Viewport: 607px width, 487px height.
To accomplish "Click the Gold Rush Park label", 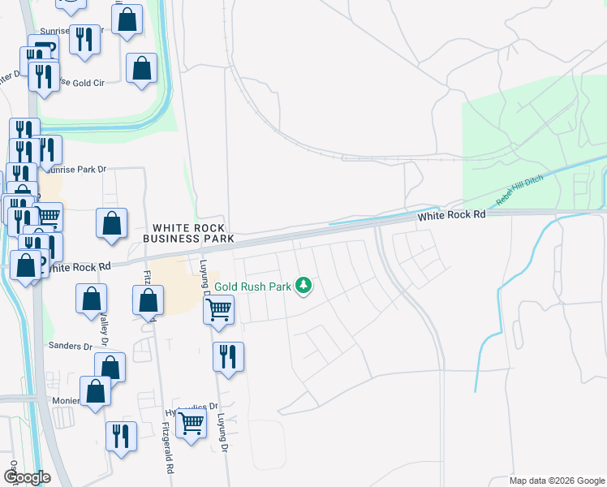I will coord(253,287).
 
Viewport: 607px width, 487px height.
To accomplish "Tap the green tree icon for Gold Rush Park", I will coord(303,285).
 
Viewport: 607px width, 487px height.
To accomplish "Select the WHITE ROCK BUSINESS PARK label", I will coord(188,233).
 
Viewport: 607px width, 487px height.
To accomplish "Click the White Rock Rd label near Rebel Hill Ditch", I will coord(451,215).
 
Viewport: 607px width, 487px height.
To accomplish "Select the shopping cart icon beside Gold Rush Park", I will coord(219,308).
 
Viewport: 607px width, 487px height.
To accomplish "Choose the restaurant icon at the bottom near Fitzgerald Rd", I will coord(121,435).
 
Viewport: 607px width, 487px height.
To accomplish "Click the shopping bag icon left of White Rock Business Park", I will coord(111,222).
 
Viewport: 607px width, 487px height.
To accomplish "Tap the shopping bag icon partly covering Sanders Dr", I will coord(110,367).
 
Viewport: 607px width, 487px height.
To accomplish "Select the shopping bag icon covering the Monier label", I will coord(96,390).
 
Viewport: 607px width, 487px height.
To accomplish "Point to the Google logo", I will coord(26,478).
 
